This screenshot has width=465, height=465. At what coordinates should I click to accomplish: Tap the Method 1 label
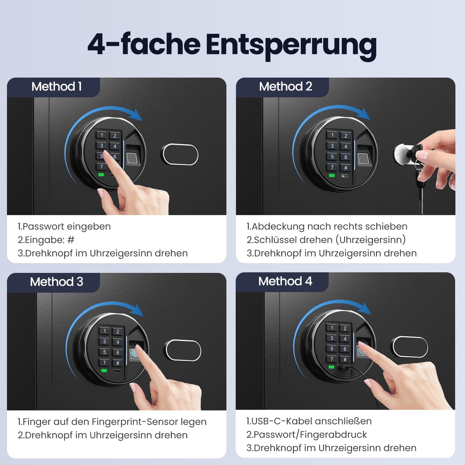56,86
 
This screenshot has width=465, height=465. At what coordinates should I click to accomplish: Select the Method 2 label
286,86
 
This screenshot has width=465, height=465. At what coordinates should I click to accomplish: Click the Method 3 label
56,282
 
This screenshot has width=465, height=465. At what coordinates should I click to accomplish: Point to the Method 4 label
285,281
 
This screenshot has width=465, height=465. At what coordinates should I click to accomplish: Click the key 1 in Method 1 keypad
101,135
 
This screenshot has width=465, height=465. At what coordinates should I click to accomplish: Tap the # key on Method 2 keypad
346,168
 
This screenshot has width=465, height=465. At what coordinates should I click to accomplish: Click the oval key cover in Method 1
180,154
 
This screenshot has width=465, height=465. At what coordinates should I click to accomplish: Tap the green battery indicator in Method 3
104,370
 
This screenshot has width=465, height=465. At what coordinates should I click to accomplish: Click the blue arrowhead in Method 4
365,309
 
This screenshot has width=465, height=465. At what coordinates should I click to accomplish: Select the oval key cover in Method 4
410,347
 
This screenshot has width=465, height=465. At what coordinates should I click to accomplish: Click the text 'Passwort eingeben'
67,227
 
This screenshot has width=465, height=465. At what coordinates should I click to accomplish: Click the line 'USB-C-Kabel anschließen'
311,421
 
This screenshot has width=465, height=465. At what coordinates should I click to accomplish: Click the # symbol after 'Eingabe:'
71,240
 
